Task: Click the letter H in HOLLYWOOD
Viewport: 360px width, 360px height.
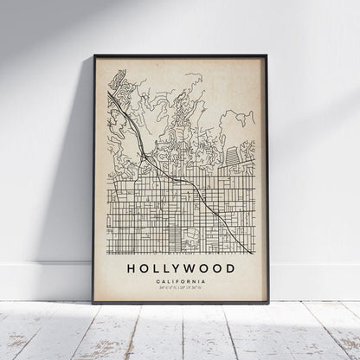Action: click(131, 269)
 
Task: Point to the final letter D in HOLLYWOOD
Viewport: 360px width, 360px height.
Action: click(229, 269)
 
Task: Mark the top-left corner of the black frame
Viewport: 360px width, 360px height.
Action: click(93, 55)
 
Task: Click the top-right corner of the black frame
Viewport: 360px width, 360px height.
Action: click(267, 55)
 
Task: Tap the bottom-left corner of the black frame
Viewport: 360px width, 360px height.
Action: click(94, 303)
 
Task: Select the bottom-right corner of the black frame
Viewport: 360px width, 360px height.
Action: click(267, 303)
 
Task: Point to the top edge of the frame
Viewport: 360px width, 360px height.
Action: click(180, 56)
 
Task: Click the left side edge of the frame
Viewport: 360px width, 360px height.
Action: click(94, 173)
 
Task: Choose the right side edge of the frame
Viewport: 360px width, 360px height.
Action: click(267, 173)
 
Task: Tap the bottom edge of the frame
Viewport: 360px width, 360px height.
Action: click(180, 302)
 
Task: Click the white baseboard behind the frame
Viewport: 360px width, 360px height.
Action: click(43, 281)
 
